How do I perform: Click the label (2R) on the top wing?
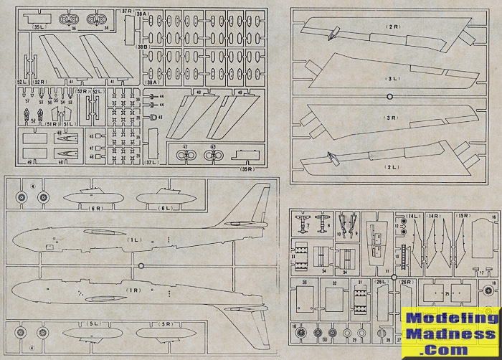click(392, 27)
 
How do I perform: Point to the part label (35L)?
click(39, 26)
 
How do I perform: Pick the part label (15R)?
click(464, 215)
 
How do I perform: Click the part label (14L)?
click(412, 215)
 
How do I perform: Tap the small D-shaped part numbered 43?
click(153, 117)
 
